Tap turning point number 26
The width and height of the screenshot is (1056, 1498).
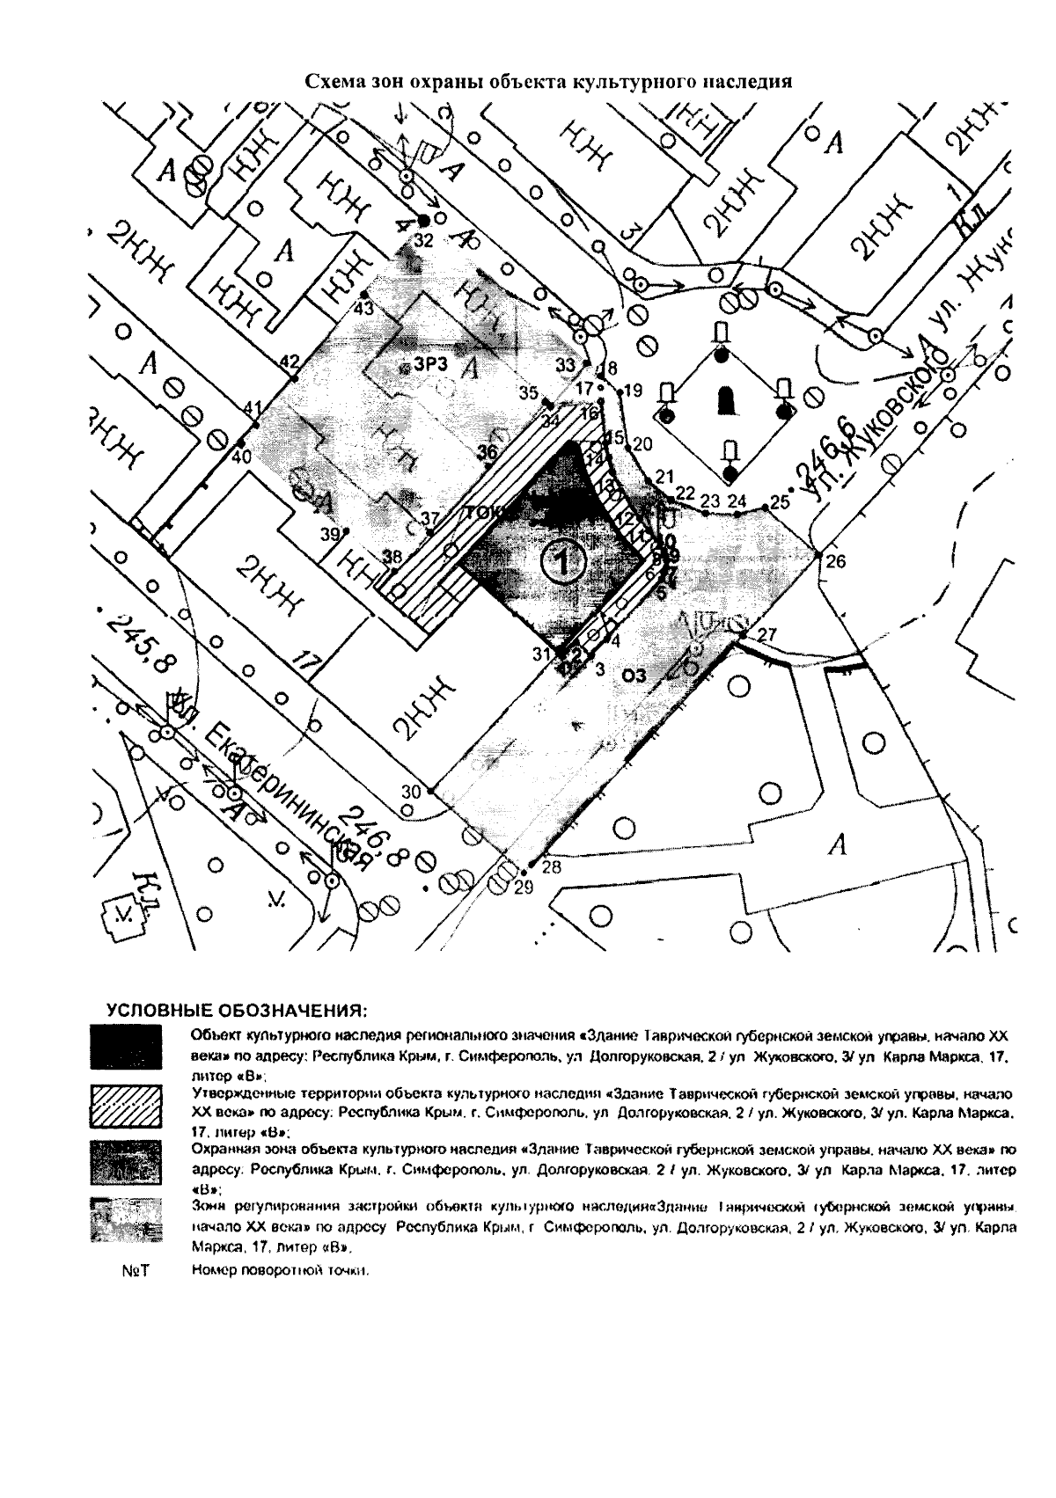818,555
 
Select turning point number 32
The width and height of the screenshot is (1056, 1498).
423,220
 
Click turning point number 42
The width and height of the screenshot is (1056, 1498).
293,378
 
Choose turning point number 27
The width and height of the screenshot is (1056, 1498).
744,633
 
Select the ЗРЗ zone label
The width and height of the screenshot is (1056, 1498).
431,364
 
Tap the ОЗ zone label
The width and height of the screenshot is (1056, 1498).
634,675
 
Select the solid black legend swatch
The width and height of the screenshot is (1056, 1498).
126,1045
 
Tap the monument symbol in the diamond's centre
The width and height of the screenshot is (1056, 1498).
726,400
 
